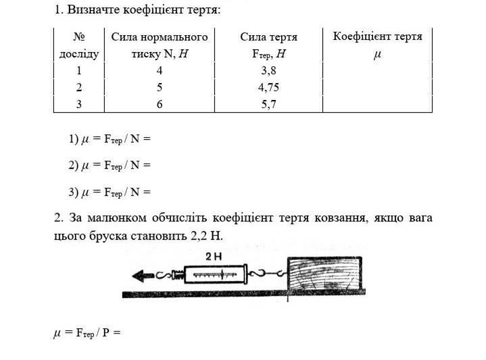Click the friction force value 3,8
[268, 71]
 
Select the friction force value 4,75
[268, 87]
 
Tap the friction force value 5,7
[268, 104]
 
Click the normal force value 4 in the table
[160, 71]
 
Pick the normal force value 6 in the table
[160, 104]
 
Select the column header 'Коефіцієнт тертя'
[378, 36]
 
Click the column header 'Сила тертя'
[269, 37]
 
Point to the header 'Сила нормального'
[160, 37]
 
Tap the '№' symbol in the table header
[79, 37]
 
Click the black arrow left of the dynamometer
[143, 276]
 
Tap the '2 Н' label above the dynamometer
[213, 257]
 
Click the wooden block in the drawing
[324, 274]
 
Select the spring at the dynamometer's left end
[178, 275]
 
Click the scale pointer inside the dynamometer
[222, 274]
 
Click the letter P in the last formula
[105, 333]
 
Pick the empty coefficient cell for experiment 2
[377, 87]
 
